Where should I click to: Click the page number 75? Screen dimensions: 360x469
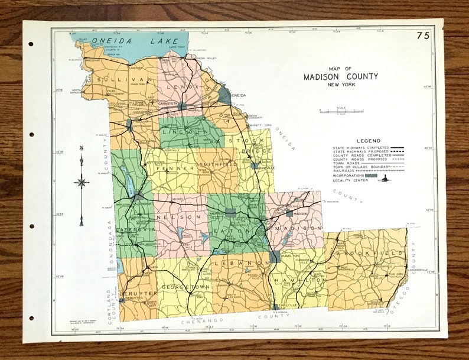423,36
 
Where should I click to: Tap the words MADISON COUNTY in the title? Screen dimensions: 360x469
341,77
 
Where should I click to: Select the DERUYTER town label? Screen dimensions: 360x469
137,293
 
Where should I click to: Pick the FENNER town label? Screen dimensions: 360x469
165,168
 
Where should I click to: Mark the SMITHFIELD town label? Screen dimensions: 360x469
219,164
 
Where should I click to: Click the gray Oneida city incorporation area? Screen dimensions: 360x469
225,95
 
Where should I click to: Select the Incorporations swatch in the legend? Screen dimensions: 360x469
371,176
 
